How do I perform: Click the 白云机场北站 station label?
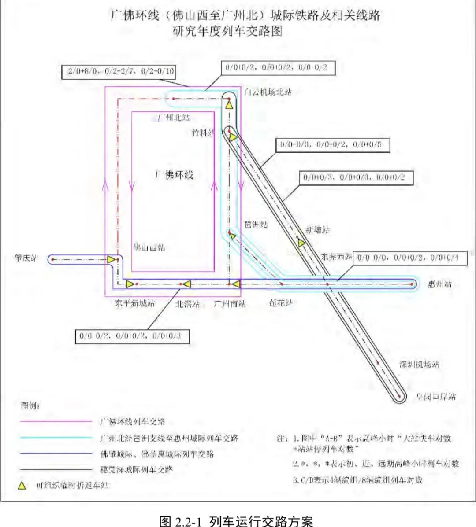pos(268,92)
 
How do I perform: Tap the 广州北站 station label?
pos(174,118)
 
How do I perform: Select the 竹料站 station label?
pos(203,132)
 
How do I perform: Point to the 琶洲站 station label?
pos(256,225)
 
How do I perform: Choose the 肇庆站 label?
pos(26,258)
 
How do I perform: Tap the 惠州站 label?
pos(440,284)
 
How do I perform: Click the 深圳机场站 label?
pos(419,365)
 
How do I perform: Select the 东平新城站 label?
pos(135,303)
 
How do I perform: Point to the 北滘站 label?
pos(187,304)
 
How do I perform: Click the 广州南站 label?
pos(230,304)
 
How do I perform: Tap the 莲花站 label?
pos(281,303)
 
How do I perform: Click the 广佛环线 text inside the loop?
pos(174,175)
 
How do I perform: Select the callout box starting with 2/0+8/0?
pos(121,71)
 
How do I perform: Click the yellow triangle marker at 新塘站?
pos(301,243)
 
